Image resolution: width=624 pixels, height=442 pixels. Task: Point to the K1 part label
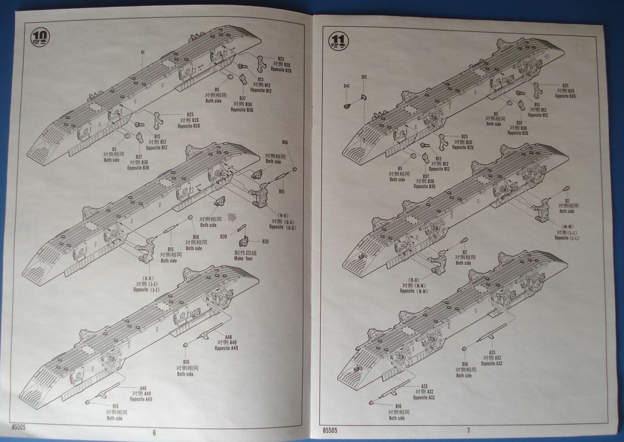[x=143, y=52]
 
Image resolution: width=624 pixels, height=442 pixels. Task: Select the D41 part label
[x=346, y=86]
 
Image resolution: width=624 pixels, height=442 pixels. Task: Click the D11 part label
[x=364, y=77]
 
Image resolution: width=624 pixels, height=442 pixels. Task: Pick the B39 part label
[x=224, y=236]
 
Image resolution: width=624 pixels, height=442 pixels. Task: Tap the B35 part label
[x=265, y=241]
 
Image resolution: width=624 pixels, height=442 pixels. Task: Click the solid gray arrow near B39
[x=232, y=217]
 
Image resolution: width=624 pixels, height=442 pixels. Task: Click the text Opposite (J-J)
[x=145, y=290]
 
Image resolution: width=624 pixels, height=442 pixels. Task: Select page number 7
[x=467, y=431]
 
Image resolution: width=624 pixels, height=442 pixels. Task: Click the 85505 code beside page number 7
[x=330, y=430]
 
